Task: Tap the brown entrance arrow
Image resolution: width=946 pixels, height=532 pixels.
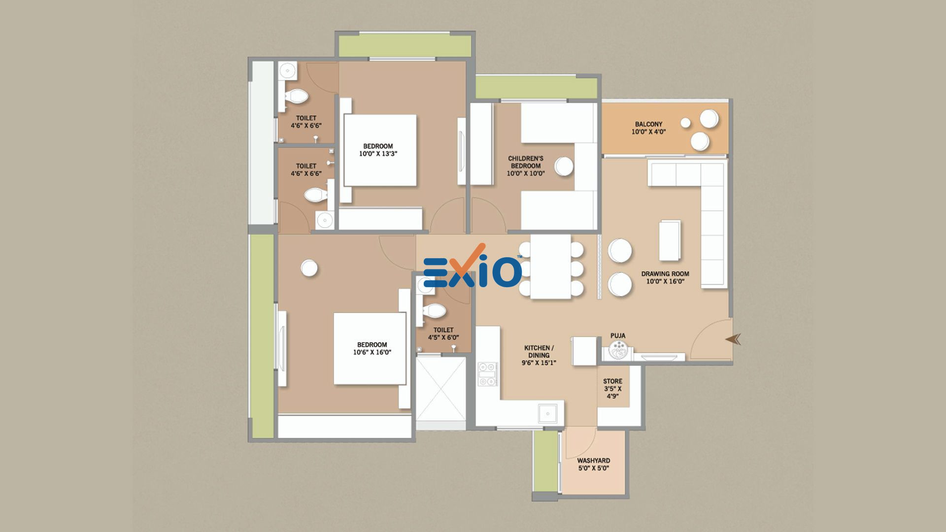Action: [733, 339]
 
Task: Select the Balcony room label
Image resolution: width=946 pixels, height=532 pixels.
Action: [648, 128]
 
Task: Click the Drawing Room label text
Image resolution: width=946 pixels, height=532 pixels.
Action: [665, 277]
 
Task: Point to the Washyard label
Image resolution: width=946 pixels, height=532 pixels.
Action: [593, 465]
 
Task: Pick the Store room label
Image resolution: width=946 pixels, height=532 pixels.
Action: [612, 389]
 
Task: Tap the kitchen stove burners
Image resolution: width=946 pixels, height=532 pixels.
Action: [487, 375]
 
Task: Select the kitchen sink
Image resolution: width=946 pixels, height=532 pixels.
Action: [547, 414]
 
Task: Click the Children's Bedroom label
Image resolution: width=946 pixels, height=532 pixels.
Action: [526, 166]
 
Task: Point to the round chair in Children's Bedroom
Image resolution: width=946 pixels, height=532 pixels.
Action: [564, 166]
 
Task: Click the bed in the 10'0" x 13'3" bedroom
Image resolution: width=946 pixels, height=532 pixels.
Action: [380, 150]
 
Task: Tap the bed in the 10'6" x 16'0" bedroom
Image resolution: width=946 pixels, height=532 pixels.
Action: [370, 348]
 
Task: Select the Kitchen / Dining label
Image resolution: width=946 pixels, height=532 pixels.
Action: [539, 355]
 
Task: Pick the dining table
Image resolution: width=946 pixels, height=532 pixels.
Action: [550, 266]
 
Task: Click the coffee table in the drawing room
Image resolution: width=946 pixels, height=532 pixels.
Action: [670, 240]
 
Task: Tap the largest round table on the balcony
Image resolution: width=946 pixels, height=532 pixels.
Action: [709, 119]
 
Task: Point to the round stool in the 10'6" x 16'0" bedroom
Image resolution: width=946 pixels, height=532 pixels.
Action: [309, 268]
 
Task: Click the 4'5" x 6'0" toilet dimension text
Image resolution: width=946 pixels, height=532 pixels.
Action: [443, 337]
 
